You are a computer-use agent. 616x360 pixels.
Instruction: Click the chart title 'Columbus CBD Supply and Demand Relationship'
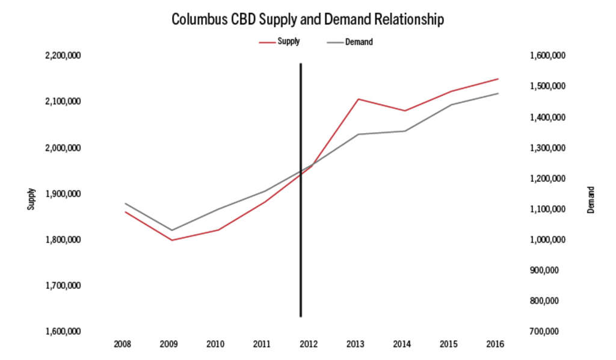pos(307,19)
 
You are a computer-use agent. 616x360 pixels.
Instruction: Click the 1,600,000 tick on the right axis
pos(547,56)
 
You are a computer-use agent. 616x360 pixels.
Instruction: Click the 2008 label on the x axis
pos(122,344)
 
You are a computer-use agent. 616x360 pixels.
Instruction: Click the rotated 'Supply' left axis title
pos(30,199)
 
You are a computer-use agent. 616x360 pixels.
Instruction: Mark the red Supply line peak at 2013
pos(359,99)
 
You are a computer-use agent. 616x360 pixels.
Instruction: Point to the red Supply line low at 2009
pos(173,240)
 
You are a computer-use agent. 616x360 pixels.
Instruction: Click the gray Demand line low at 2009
pos(173,230)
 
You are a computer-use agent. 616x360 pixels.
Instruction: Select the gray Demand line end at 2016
pos(498,93)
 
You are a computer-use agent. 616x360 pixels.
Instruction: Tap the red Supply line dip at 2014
pos(405,111)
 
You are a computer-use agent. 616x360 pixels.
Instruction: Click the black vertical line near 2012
pos(300,241)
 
